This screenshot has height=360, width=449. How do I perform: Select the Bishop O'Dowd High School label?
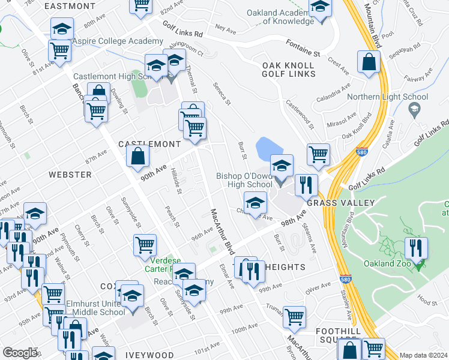(245, 180)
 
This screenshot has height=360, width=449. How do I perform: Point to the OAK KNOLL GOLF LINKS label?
(288, 69)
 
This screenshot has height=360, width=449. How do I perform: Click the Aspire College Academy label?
(118, 41)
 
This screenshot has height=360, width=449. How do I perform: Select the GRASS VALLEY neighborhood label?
(334, 203)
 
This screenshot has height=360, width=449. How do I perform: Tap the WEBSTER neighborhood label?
(74, 175)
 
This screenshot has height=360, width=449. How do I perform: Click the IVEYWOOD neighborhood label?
(149, 355)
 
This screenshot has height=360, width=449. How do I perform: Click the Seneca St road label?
(222, 93)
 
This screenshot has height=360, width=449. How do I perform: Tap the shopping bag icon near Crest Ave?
(369, 61)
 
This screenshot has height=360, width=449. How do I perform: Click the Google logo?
(20, 353)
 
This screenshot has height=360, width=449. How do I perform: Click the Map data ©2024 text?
(423, 355)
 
